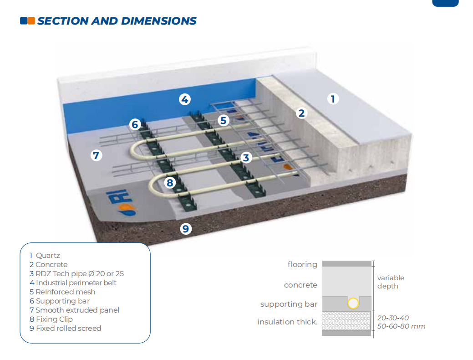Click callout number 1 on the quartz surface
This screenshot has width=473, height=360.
point(333,99)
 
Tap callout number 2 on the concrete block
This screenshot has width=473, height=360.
point(301,113)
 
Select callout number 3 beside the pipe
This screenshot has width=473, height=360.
point(246,157)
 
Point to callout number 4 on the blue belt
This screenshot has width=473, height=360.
point(185,99)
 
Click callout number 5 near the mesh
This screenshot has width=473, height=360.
point(223,120)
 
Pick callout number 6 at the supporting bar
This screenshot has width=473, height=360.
point(135,124)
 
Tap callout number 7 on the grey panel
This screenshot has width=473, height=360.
point(96,155)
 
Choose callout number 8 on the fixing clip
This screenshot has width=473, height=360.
point(170,182)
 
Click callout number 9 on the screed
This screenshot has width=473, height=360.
point(186,229)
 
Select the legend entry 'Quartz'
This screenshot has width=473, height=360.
point(48,256)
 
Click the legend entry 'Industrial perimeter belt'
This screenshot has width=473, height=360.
point(76,283)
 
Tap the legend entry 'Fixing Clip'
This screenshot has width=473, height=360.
point(54,319)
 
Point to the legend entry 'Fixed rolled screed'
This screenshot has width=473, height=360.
point(68,328)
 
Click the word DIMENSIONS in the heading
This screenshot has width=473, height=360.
point(159,21)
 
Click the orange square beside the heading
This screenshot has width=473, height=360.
point(31,21)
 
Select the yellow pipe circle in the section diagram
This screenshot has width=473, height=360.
point(353,303)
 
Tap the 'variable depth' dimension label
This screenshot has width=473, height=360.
point(391,282)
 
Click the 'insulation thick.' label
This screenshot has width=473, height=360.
point(287,322)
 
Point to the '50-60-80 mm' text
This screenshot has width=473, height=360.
point(401,326)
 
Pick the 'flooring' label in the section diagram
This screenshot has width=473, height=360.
point(302,265)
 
